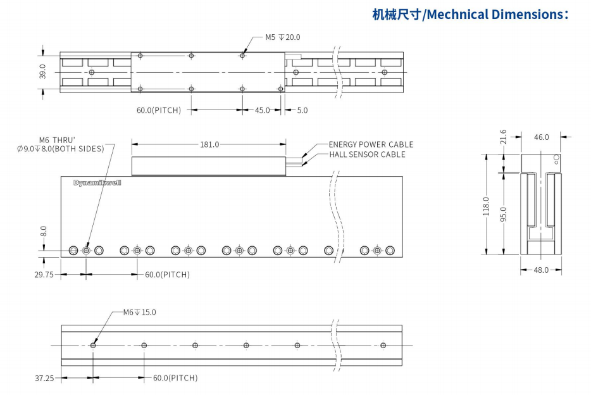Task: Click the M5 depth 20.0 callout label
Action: pyautogui.click(x=282, y=37)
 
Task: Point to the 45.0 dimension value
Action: pyautogui.click(x=263, y=110)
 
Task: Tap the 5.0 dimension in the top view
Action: pyautogui.click(x=302, y=110)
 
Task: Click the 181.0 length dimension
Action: pyautogui.click(x=209, y=144)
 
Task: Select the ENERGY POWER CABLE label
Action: pyautogui.click(x=371, y=144)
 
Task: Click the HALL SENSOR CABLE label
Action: pyautogui.click(x=367, y=154)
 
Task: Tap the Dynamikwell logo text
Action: pyautogui.click(x=97, y=182)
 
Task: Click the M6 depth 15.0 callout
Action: pyautogui.click(x=139, y=312)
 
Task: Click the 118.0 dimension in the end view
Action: pyautogui.click(x=486, y=206)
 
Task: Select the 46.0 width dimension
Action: pyautogui.click(x=542, y=137)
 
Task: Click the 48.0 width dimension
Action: pyautogui.click(x=542, y=270)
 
